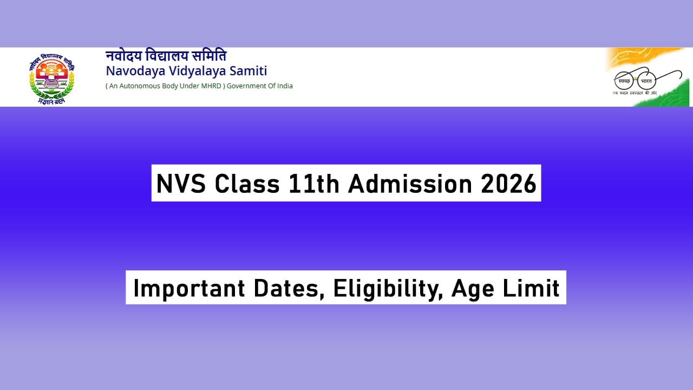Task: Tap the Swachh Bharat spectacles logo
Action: click(x=635, y=81)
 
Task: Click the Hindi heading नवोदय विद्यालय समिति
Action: click(x=166, y=56)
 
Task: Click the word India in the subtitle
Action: click(x=283, y=86)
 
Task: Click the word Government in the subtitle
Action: click(x=247, y=86)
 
